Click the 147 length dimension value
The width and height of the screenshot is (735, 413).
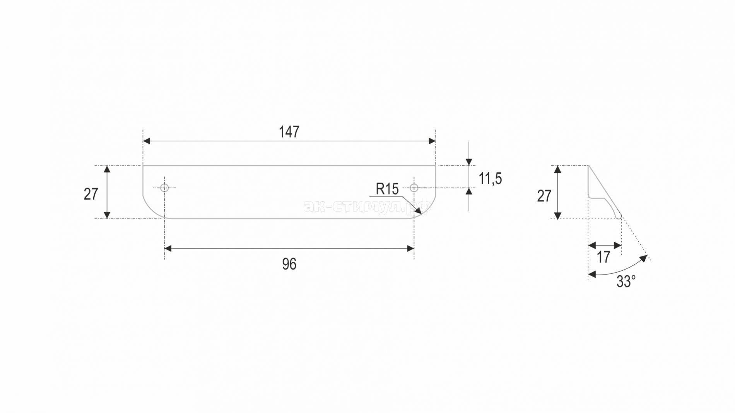pyautogui.click(x=289, y=132)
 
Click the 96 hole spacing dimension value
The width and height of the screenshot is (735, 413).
pyautogui.click(x=289, y=264)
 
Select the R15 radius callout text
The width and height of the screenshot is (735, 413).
pyautogui.click(x=387, y=189)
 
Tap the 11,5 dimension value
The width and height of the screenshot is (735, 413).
pyautogui.click(x=490, y=179)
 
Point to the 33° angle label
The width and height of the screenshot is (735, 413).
pyautogui.click(x=626, y=282)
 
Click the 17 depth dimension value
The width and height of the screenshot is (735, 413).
pyautogui.click(x=603, y=257)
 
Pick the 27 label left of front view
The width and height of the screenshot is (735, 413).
pyautogui.click(x=91, y=194)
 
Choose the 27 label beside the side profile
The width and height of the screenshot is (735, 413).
pyautogui.click(x=544, y=196)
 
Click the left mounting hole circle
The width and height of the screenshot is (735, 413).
pyautogui.click(x=164, y=188)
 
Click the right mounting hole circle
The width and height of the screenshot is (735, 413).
pyautogui.click(x=414, y=188)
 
